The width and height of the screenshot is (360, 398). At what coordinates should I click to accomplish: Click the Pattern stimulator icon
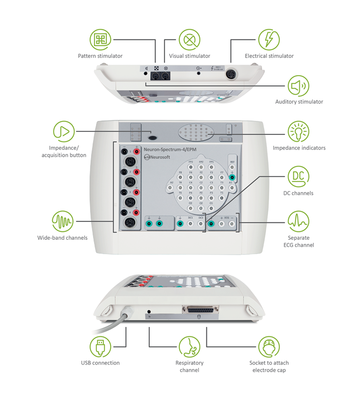coord(100,39)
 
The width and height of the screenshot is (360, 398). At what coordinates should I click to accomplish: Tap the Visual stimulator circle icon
coord(189,39)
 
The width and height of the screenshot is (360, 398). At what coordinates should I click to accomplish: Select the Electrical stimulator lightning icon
coord(269,39)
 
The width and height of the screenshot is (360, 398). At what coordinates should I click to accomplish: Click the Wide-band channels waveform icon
coord(63,221)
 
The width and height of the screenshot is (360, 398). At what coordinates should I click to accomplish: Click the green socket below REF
coord(232,177)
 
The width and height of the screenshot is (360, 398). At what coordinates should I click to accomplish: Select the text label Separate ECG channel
coord(301,241)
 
